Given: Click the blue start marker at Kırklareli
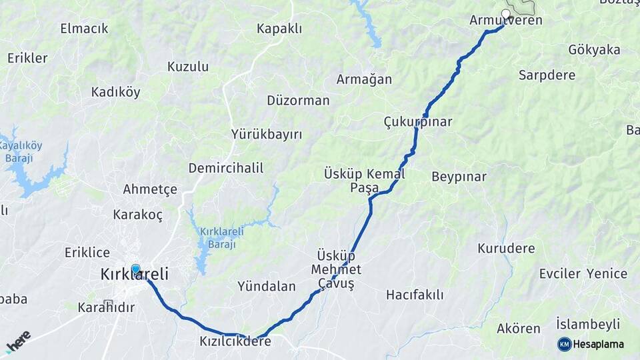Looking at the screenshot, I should (136, 269).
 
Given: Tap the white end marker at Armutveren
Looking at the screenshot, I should (506, 13).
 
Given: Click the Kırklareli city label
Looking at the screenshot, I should (135, 274).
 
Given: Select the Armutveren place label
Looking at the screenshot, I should (505, 21).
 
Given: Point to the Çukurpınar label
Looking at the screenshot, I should (418, 122).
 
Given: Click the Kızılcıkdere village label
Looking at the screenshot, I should (235, 341).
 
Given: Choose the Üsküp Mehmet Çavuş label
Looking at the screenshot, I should (336, 270).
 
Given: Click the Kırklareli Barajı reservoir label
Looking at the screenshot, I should (222, 237).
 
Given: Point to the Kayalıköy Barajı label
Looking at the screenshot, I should (19, 152).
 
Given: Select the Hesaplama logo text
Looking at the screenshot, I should (599, 344).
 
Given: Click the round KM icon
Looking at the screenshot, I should (565, 344).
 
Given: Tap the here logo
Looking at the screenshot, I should (18, 341).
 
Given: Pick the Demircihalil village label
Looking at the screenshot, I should (225, 168).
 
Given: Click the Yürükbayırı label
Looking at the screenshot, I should (267, 135).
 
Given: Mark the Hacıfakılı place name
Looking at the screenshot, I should (415, 294).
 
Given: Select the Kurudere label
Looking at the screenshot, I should (506, 249).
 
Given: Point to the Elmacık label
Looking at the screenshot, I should (84, 29).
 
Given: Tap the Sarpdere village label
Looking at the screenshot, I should (547, 75).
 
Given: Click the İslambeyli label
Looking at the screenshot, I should (588, 325).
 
